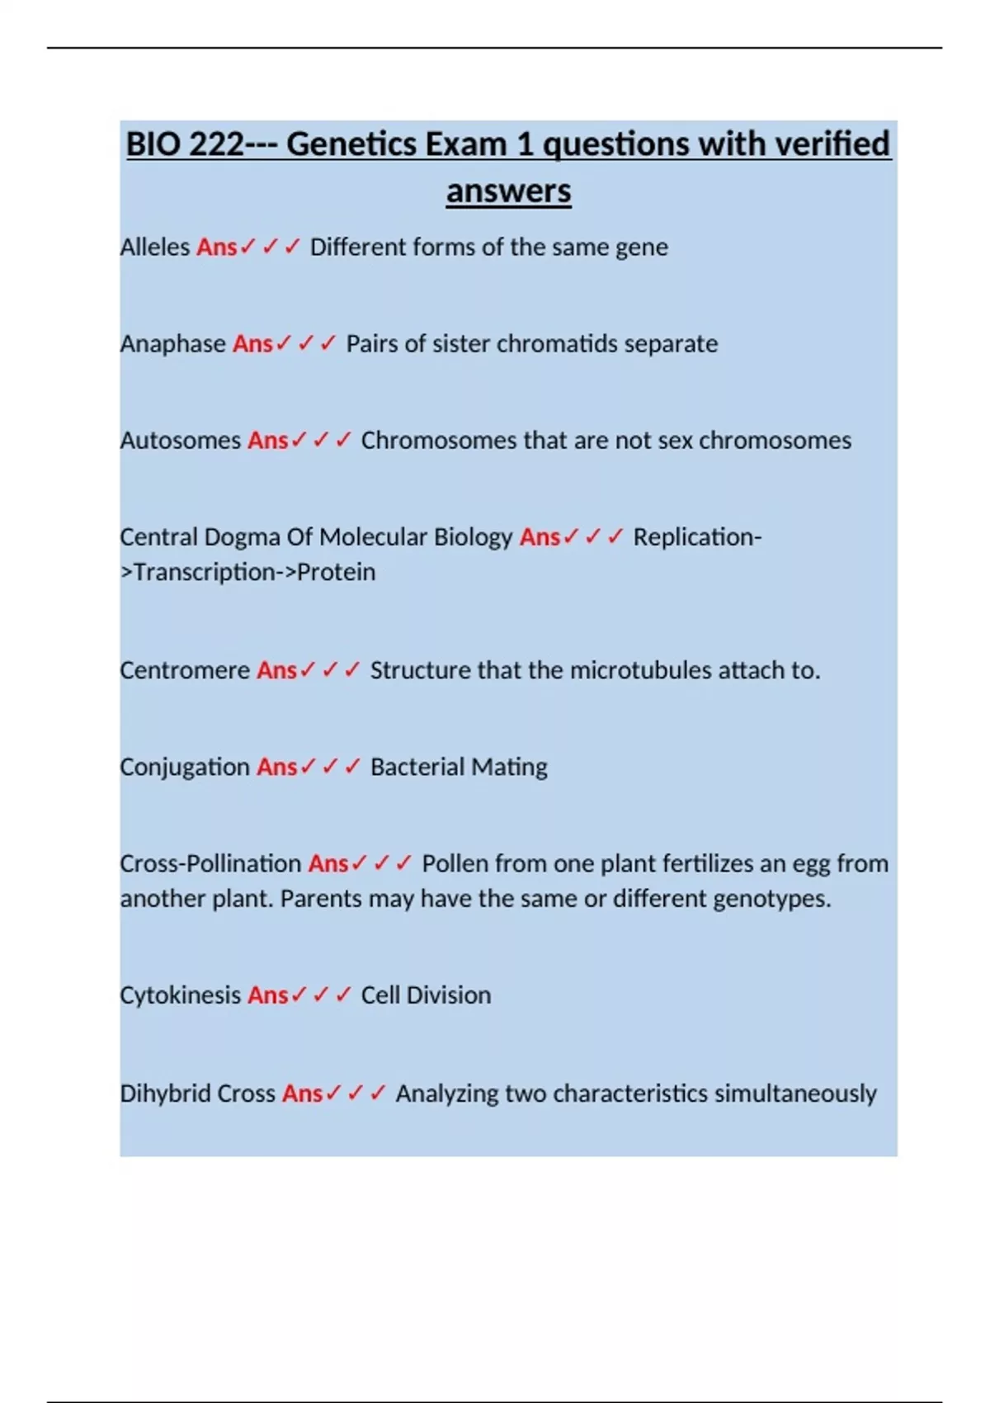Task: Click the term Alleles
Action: click(x=154, y=248)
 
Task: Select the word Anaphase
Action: click(x=172, y=344)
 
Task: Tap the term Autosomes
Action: click(x=180, y=441)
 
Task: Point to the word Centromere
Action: click(x=184, y=670)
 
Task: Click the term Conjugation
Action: click(x=184, y=768)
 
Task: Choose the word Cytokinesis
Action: click(x=180, y=995)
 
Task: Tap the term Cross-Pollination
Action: click(x=210, y=864)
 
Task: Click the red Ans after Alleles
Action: click(x=216, y=248)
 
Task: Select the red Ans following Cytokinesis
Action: click(x=267, y=995)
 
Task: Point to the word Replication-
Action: click(x=697, y=537)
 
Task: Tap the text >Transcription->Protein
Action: click(x=247, y=572)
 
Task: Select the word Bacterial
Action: click(x=417, y=768)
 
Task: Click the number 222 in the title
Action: click(x=217, y=144)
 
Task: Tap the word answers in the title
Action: click(x=508, y=191)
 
